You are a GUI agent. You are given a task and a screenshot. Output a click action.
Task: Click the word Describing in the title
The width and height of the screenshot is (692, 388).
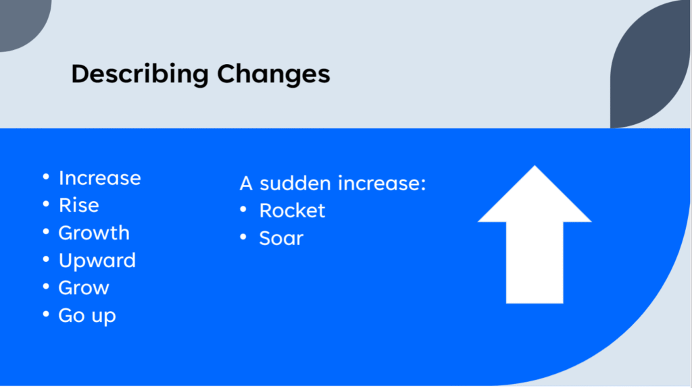(140, 74)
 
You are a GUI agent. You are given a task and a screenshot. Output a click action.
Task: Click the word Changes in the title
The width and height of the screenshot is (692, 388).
(274, 74)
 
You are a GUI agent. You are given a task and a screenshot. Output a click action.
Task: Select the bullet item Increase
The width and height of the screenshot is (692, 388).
(100, 178)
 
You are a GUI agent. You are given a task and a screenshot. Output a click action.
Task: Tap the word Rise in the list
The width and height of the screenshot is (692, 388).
(79, 205)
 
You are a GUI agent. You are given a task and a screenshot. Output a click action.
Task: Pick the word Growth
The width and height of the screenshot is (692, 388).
(94, 233)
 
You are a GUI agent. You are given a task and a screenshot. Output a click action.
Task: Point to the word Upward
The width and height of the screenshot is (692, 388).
(97, 260)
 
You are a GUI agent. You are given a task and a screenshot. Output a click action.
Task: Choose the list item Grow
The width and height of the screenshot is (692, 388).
(84, 288)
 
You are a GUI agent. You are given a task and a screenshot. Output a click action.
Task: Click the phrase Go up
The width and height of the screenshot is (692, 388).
(87, 316)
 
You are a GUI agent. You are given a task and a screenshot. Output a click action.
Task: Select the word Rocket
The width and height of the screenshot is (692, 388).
(292, 211)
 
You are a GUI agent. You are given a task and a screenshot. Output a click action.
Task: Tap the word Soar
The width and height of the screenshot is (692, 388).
(281, 238)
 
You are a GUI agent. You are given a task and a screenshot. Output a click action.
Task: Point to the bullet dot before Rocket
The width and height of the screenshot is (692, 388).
(243, 209)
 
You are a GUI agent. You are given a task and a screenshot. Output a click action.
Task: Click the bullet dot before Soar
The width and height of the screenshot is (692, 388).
(243, 237)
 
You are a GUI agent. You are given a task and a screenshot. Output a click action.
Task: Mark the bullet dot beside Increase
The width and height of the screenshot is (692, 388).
(46, 177)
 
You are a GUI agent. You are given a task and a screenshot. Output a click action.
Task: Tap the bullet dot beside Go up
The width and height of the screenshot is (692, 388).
(46, 314)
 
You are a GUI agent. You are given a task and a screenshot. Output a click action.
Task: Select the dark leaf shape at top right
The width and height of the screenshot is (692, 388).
(649, 66)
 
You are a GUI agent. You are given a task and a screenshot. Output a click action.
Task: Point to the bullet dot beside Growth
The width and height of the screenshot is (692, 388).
(46, 231)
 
